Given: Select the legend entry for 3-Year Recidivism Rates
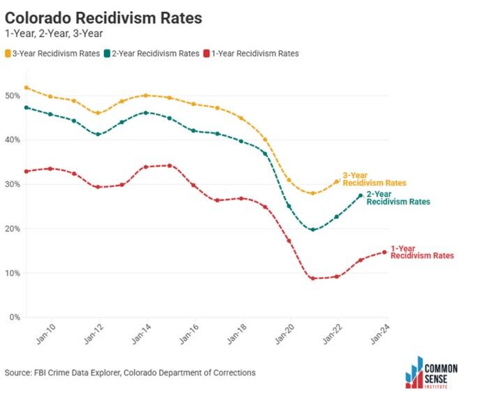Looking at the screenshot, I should pyautogui.click(x=52, y=53).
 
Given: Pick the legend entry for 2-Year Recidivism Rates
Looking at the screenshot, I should pyautogui.click(x=152, y=53).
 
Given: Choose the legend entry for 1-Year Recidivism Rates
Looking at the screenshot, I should pyautogui.click(x=250, y=53).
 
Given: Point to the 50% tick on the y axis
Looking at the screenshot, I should pyautogui.click(x=13, y=96).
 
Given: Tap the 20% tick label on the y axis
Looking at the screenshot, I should pyautogui.click(x=13, y=229).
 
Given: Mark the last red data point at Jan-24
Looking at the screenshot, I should pyautogui.click(x=384, y=252).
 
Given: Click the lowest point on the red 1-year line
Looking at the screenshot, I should pyautogui.click(x=313, y=278).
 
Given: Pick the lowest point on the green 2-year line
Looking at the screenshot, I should pyautogui.click(x=313, y=229).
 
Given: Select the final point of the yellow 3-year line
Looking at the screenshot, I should pyautogui.click(x=337, y=181).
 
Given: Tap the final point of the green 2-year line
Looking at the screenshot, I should pyautogui.click(x=361, y=196).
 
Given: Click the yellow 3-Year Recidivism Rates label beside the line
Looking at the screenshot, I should pyautogui.click(x=374, y=179).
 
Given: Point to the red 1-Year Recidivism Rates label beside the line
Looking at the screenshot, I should pyautogui.click(x=421, y=252).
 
